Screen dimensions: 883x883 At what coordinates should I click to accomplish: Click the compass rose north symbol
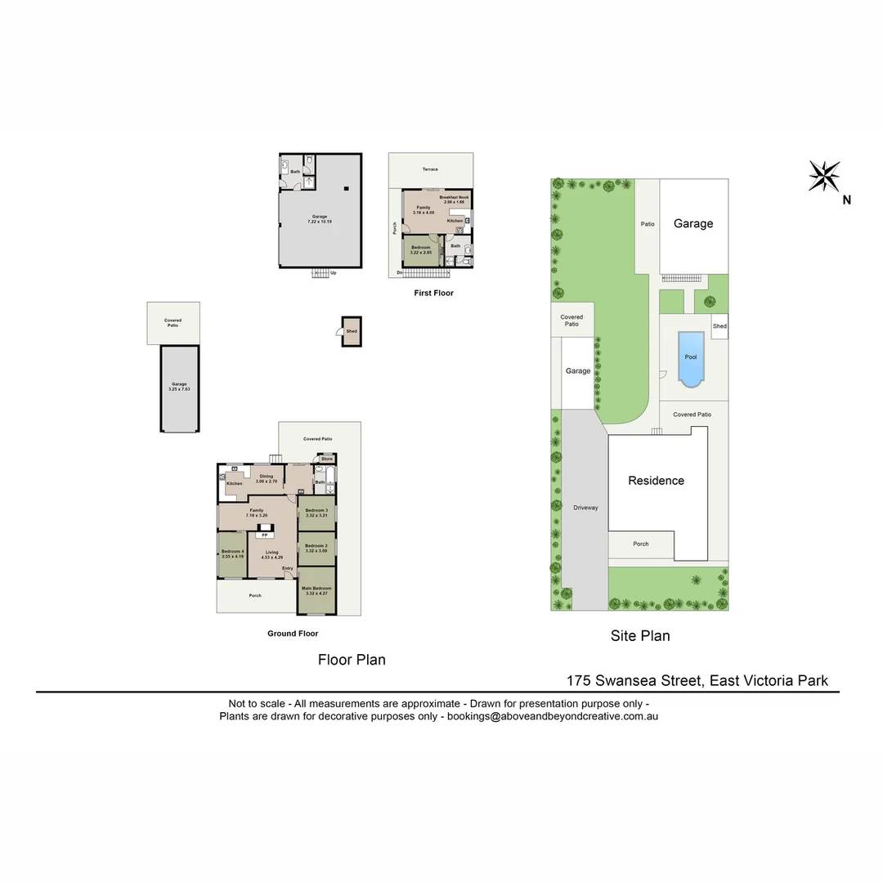click(824, 177)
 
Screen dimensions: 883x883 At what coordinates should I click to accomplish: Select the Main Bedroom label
click(316, 589)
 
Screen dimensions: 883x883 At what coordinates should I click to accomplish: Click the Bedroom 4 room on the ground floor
click(232, 554)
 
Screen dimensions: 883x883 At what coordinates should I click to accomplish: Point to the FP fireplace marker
click(264, 535)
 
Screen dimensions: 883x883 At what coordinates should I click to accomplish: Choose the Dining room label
click(267, 477)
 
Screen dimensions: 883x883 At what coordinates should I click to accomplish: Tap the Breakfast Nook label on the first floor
click(454, 197)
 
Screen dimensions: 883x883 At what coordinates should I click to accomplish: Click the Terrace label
click(430, 169)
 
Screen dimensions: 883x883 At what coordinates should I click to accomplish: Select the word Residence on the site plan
click(656, 481)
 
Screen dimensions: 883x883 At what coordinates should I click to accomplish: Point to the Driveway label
click(585, 508)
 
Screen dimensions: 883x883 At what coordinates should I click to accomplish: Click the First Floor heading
click(433, 293)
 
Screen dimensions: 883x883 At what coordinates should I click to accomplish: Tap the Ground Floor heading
click(293, 634)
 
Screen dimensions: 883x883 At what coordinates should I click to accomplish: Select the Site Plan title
click(640, 635)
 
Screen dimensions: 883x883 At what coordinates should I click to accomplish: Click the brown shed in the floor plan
click(352, 331)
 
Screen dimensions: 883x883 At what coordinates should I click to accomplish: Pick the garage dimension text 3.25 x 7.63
click(179, 389)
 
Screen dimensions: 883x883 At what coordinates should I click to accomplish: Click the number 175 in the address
click(580, 680)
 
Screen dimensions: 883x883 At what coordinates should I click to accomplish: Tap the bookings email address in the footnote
click(553, 716)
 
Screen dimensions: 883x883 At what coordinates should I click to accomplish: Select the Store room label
click(327, 459)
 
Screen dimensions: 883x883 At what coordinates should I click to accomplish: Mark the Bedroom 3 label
click(316, 510)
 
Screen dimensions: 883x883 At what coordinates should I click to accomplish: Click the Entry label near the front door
click(288, 568)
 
